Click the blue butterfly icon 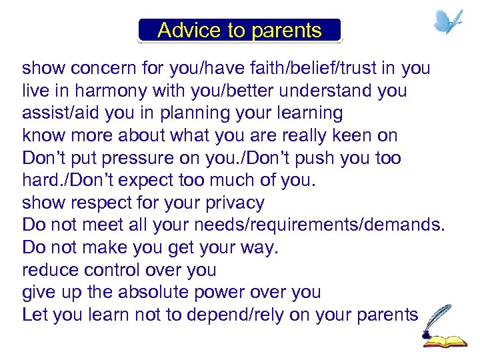coord(448,22)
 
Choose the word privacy coord(229,203)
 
